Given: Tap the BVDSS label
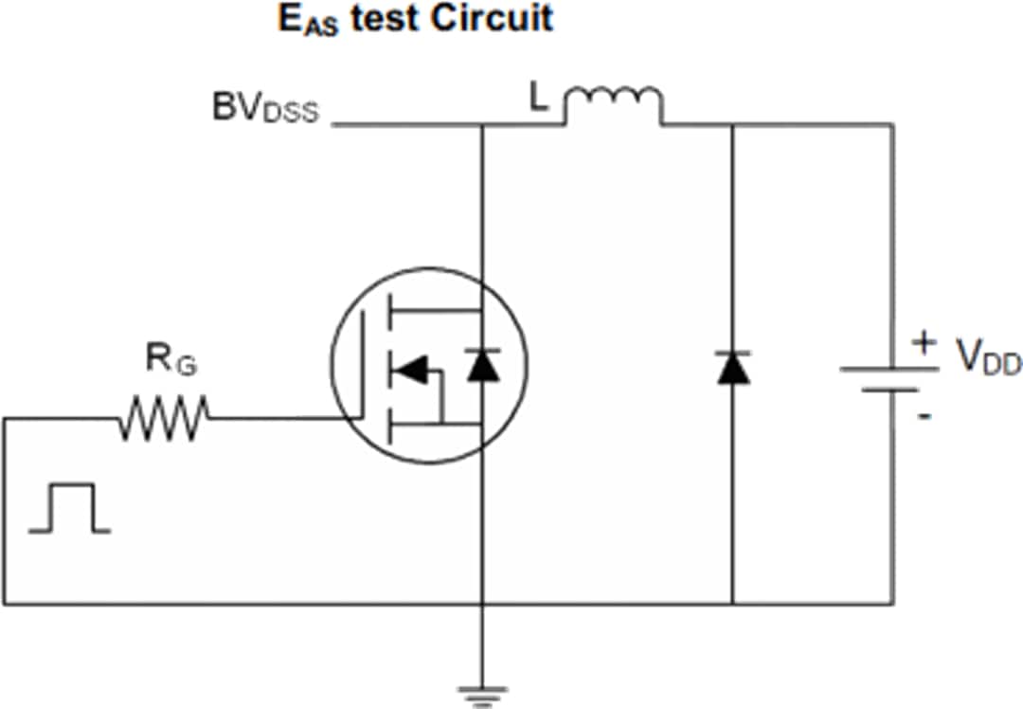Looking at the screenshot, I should pyautogui.click(x=266, y=109).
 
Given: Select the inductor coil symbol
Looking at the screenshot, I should pyautogui.click(x=613, y=103).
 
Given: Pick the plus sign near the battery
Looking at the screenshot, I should pyautogui.click(x=924, y=342).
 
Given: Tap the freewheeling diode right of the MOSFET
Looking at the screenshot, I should pyautogui.click(x=733, y=367).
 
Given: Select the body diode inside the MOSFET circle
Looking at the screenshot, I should pyautogui.click(x=482, y=365).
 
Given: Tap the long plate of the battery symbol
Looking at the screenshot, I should pyautogui.click(x=889, y=369).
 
